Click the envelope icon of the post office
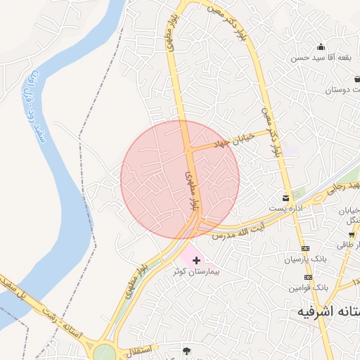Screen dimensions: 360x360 pos(285,198)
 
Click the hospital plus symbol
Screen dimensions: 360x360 pos(195,260)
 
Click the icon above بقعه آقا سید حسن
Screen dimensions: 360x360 pos(321,47)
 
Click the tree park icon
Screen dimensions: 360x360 pos(186,349)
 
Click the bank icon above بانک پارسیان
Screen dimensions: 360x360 pos(306,249)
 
